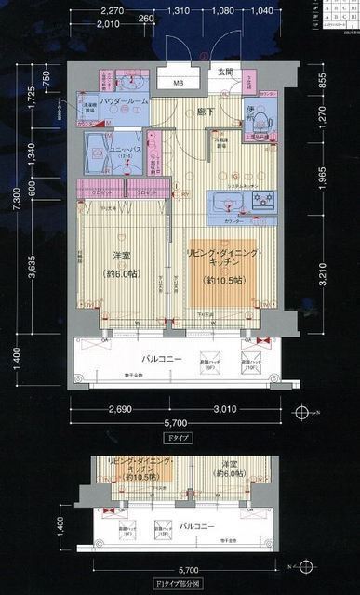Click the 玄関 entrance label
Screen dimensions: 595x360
226,73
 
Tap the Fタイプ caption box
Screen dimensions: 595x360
173,439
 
